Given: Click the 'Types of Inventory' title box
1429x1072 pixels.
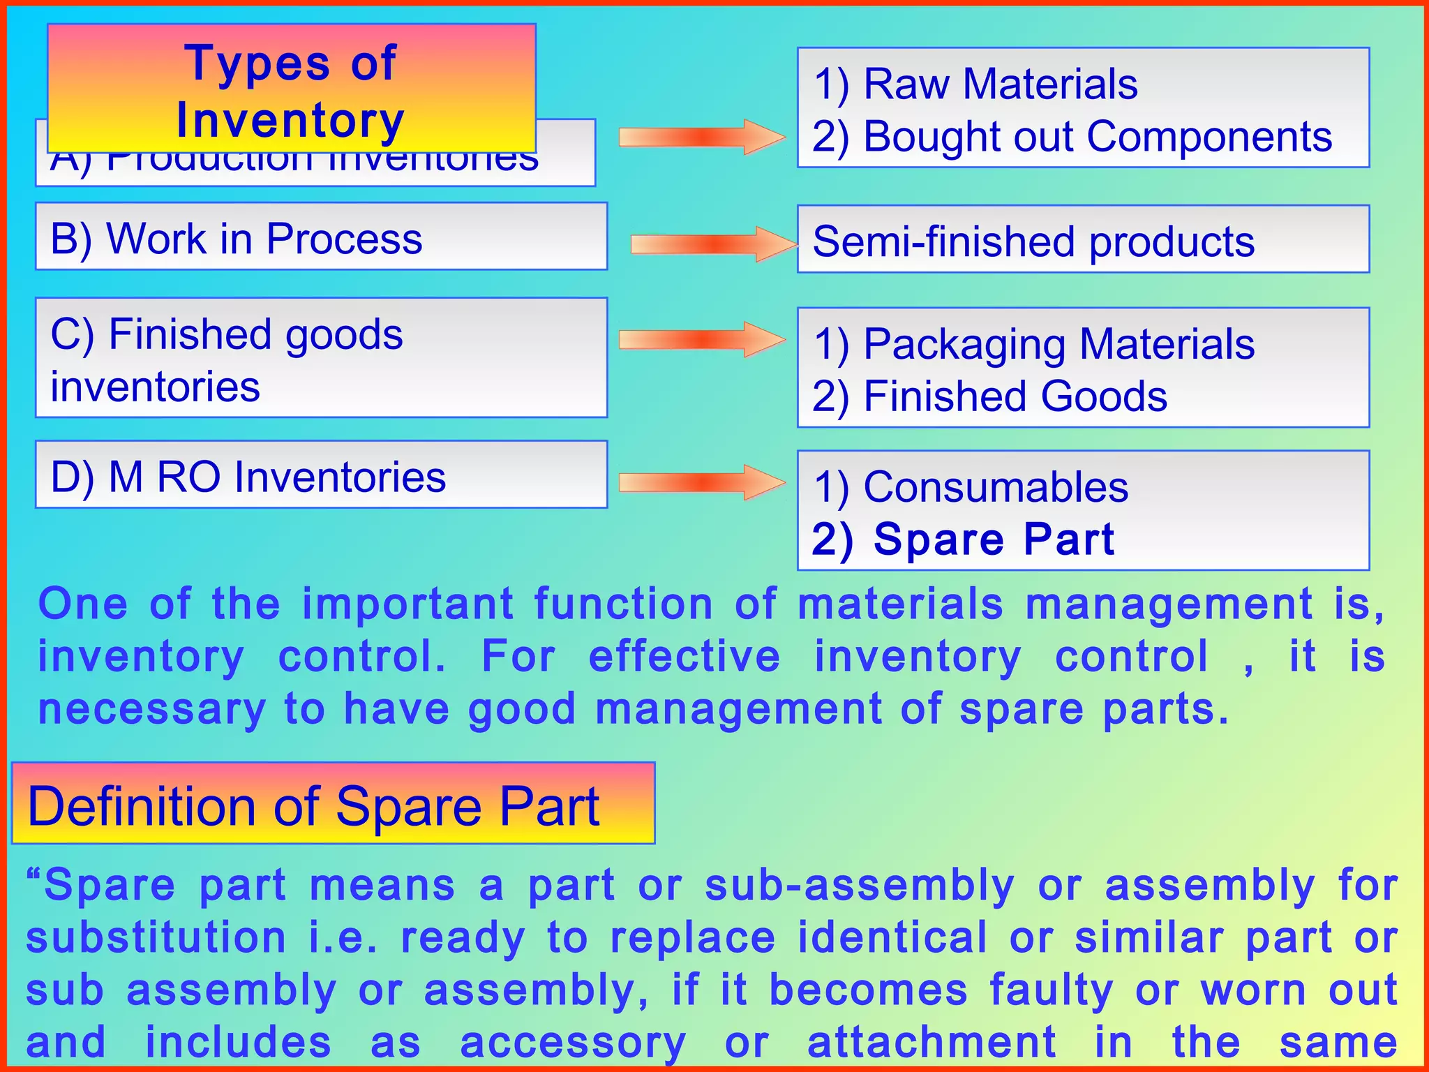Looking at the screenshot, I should [x=291, y=89].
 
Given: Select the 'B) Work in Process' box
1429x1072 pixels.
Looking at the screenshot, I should [x=321, y=237].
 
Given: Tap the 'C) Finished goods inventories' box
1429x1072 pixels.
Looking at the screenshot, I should [x=321, y=358].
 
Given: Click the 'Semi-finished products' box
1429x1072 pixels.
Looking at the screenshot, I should [x=1083, y=239].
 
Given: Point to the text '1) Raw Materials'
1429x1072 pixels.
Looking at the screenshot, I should [x=975, y=84].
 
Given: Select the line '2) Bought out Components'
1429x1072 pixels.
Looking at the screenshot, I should [x=1072, y=137].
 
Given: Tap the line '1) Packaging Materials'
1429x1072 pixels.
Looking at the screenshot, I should [x=1033, y=344].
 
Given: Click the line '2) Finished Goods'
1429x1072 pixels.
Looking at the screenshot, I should [x=989, y=396].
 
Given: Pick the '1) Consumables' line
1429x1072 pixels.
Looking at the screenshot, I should [x=971, y=486].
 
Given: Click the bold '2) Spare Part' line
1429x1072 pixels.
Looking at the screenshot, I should [x=963, y=539].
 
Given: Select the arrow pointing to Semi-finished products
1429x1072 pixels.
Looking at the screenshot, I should [x=713, y=244].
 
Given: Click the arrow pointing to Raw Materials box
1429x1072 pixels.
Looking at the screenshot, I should [x=701, y=137].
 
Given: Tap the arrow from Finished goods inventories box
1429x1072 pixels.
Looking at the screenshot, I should [x=701, y=340].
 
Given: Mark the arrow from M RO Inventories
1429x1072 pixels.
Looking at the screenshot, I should [x=701, y=482].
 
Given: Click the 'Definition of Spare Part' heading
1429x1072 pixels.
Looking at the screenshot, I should [x=314, y=806].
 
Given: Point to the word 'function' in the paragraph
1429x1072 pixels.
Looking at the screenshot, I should [x=623, y=604].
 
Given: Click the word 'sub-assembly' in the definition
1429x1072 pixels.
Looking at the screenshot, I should [x=859, y=886].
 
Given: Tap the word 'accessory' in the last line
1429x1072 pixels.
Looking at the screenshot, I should [x=573, y=1043].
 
